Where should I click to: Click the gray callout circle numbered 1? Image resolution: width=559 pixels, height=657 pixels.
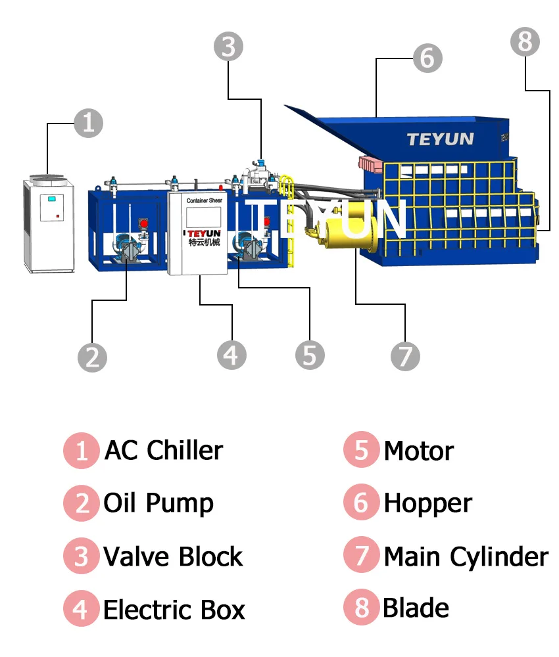[x=88, y=123]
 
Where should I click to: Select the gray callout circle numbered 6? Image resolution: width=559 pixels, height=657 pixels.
[x=427, y=58]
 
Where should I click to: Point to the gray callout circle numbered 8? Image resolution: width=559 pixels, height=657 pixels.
[x=525, y=42]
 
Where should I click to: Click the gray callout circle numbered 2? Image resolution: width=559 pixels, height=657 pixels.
[x=92, y=357]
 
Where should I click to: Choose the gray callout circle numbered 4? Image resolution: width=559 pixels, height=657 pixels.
[x=231, y=355]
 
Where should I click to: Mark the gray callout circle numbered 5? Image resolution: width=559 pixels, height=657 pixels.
[x=310, y=355]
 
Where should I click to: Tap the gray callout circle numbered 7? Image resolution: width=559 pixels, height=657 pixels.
[x=405, y=356]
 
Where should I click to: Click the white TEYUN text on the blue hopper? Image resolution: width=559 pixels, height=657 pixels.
[x=440, y=139]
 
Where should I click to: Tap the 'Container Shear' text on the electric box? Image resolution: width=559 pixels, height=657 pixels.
[x=204, y=200]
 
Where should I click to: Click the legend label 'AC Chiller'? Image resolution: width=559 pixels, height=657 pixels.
[x=164, y=451]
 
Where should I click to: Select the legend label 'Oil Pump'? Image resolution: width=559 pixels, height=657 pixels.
[x=158, y=503]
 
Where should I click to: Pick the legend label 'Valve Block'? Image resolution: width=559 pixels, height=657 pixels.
[x=173, y=556]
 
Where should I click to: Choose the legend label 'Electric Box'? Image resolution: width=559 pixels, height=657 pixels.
[x=174, y=609]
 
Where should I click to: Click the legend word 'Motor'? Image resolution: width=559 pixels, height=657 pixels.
[x=419, y=451]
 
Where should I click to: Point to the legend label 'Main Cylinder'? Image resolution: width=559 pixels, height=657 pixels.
[x=466, y=556]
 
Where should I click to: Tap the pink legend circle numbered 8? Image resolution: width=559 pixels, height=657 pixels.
[x=361, y=608]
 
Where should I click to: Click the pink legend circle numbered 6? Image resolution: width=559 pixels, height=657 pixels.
[x=361, y=503]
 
